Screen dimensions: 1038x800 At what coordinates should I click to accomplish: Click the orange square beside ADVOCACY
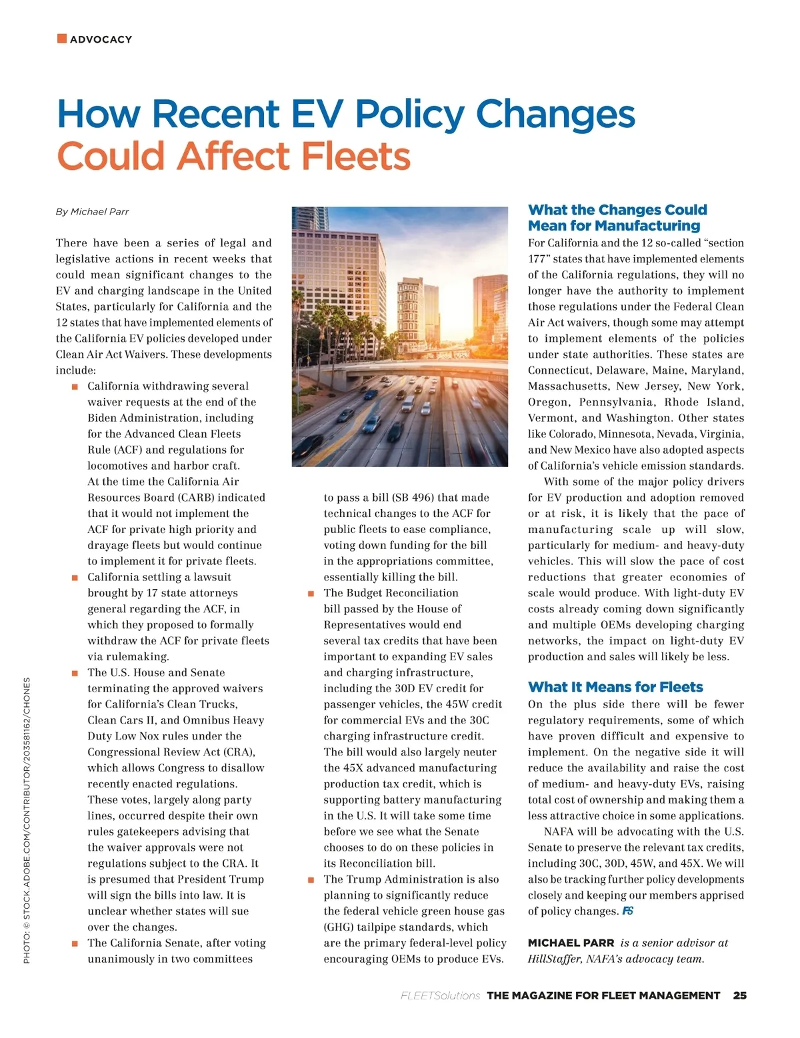pos(62,39)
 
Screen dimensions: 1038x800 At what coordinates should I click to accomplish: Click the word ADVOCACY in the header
pos(101,39)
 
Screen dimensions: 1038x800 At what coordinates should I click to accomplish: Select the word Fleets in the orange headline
pos(355,156)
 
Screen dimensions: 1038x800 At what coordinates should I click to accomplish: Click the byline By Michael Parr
pos(92,212)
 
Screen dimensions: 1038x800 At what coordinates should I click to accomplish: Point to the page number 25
pos(739,995)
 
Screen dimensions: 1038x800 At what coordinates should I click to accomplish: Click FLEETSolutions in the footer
pos(440,995)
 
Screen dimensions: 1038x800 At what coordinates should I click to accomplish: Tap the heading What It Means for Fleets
pos(615,687)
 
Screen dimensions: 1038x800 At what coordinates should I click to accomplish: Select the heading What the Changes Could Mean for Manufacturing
pos(617,218)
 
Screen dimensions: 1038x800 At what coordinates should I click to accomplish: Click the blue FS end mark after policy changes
pos(627,911)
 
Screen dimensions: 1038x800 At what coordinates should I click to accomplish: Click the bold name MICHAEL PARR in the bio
pos(571,943)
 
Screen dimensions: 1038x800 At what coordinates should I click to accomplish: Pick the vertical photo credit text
pos(27,819)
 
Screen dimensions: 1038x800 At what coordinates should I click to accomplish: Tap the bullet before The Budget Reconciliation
pos(311,594)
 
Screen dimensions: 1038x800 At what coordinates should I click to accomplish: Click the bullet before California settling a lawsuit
pos(75,578)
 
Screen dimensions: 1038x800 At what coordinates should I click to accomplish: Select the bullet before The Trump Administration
pos(311,880)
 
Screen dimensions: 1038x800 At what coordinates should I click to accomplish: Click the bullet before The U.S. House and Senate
pos(75,673)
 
